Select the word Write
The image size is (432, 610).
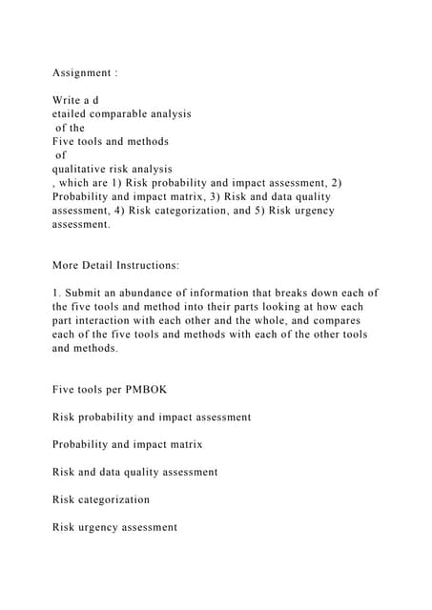click(x=69, y=100)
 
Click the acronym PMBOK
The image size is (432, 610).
click(x=143, y=389)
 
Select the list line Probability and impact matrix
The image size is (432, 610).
click(x=127, y=444)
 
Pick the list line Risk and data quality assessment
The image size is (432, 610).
click(x=134, y=472)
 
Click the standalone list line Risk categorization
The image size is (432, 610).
click(x=100, y=499)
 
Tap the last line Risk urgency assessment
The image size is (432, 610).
click(x=114, y=527)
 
